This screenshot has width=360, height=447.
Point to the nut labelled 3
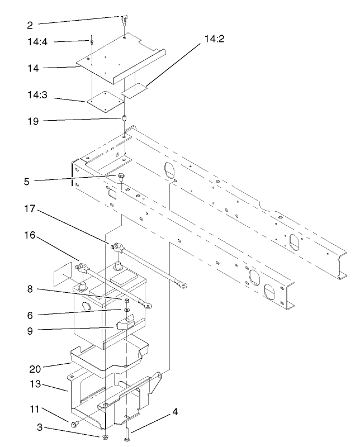point(105,436)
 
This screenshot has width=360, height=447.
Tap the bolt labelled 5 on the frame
point(121,178)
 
